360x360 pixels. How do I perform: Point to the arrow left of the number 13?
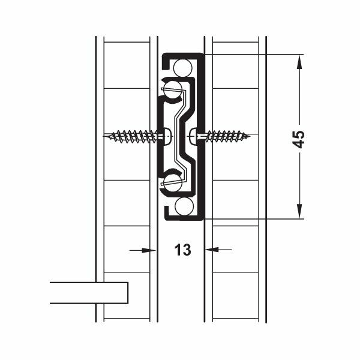[144, 250]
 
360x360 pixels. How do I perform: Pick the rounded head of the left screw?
[168, 136]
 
